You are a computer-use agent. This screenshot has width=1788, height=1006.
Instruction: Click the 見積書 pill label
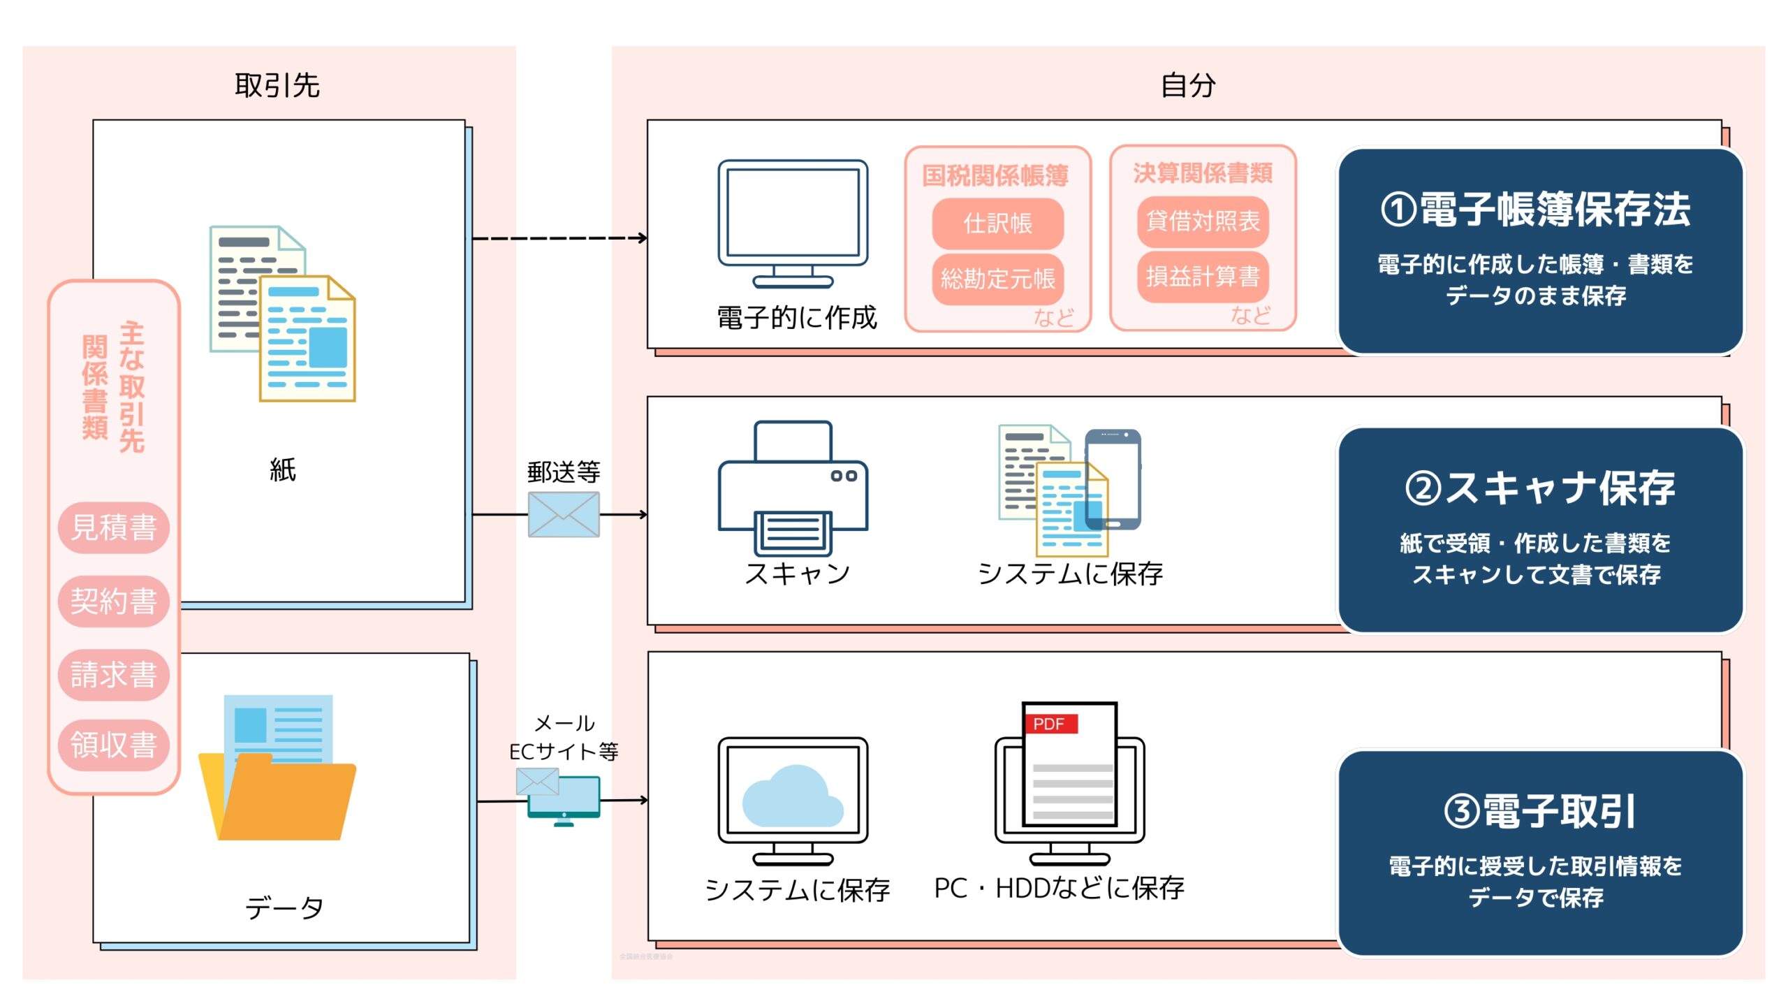pos(114,527)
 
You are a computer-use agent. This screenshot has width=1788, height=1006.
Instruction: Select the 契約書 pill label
pos(114,602)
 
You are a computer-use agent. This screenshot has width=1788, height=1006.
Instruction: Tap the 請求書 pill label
pos(114,675)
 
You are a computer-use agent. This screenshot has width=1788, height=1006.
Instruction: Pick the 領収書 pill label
pos(114,745)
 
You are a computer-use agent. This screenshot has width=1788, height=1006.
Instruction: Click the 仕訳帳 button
pos(997,224)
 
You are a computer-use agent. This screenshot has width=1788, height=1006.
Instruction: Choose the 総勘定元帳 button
pos(997,279)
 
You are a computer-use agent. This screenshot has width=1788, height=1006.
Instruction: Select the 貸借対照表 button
pos(1203,221)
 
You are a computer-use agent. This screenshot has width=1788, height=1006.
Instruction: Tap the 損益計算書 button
pos(1203,277)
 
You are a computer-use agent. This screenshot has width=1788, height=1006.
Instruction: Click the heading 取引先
pos(277,86)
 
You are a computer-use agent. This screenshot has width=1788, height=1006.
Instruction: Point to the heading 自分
pos(1188,86)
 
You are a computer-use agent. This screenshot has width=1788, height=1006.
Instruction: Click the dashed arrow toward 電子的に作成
pos(559,238)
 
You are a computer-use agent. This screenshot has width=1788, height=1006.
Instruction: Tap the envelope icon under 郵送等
pos(564,515)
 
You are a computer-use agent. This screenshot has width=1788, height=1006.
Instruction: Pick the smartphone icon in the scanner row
pos(1113,479)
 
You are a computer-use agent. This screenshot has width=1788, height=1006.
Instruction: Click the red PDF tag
pos(1050,724)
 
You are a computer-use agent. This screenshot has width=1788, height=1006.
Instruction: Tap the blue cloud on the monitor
pos(793,798)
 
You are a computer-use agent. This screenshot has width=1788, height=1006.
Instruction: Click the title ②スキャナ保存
pos(1539,488)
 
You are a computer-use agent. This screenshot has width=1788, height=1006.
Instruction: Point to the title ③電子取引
pos(1539,812)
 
